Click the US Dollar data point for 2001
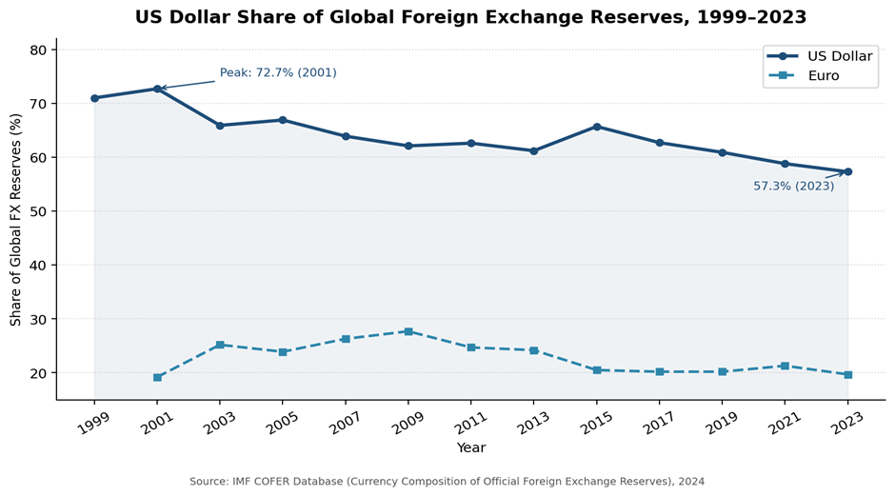coord(157,89)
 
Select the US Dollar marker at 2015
coord(597,127)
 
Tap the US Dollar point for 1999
coord(94,98)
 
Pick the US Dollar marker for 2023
coord(847,171)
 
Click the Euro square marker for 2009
coord(408,331)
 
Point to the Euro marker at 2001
coord(157,377)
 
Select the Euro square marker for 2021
coord(785,366)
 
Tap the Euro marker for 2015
coord(597,369)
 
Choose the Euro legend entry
coord(823,75)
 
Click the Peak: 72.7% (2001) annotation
coord(278,73)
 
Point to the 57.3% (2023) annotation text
coord(793,187)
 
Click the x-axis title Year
coord(470,447)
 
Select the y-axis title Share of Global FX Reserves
coord(16,219)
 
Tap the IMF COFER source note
coord(447,482)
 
